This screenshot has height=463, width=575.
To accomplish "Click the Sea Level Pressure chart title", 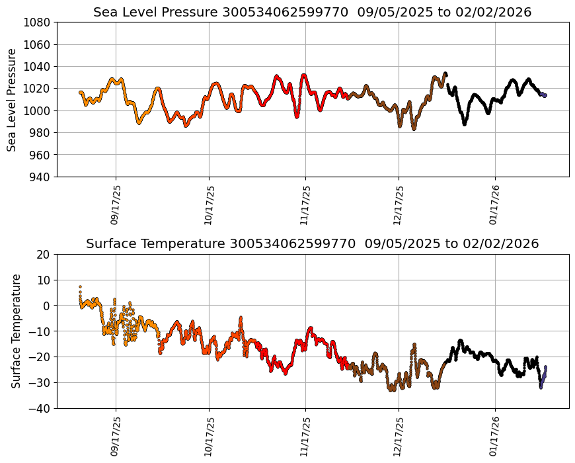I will (312, 12).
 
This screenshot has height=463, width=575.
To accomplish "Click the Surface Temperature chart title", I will (312, 243).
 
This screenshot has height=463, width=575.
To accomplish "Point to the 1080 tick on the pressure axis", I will (38, 22).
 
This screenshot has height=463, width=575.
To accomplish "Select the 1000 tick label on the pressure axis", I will (38, 110).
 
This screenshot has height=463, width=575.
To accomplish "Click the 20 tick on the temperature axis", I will (44, 254).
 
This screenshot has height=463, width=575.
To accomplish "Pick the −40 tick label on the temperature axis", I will (41, 408).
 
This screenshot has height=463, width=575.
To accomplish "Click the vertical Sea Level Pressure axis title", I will (13, 100).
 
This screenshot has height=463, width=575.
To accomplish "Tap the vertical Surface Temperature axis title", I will (16, 331).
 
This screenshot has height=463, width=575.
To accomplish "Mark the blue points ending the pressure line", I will (544, 95).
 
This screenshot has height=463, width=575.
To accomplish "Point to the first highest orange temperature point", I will (80, 287).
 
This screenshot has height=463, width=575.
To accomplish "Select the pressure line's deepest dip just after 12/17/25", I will (414, 128).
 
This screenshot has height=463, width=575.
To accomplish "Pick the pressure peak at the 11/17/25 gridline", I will (304, 75).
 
